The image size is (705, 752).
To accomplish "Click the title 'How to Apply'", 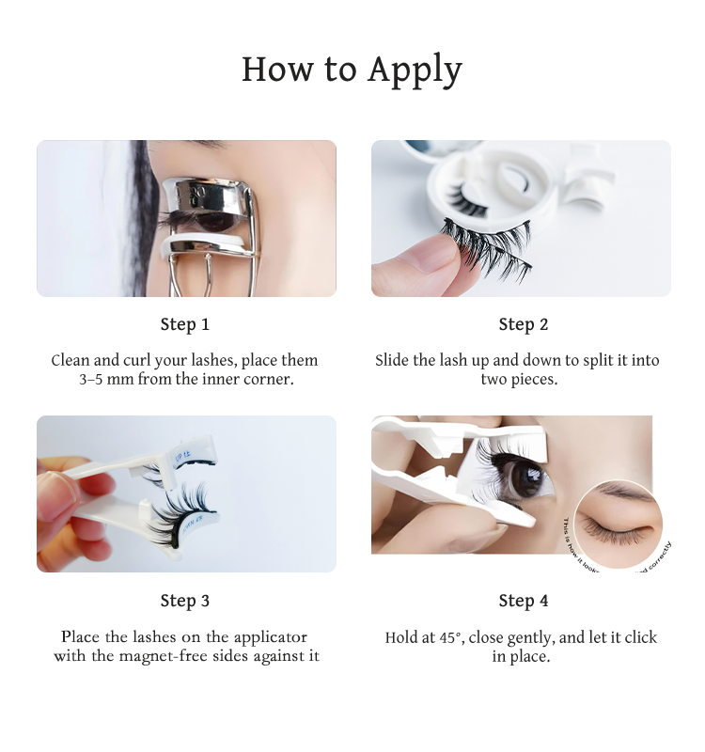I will coord(352,70).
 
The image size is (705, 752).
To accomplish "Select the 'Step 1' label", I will coord(184,324).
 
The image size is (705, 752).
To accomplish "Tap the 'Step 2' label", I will coord(523,324).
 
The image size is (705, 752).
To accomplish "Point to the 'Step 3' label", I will coord(184,601).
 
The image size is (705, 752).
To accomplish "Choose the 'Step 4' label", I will coord(523,601).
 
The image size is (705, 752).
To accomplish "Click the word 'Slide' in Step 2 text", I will coord(394,360).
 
